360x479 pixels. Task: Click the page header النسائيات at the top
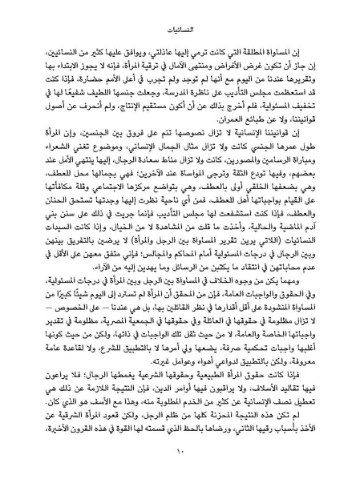[x=180, y=14]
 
